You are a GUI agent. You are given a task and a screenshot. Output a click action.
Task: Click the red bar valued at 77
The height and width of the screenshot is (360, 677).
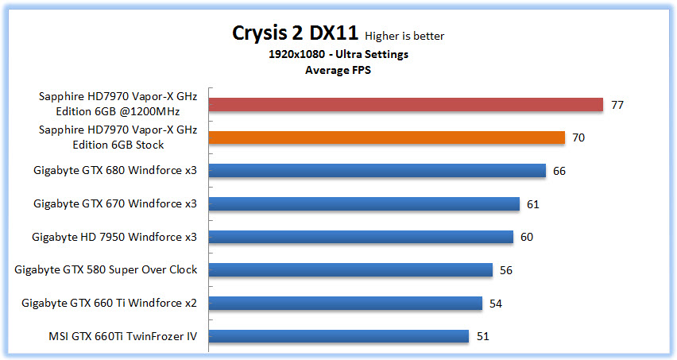click(406, 105)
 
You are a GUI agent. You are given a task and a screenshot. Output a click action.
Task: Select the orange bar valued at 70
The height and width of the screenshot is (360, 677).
click(387, 137)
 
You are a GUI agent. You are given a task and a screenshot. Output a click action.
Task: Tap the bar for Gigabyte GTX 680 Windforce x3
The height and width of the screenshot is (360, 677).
click(377, 171)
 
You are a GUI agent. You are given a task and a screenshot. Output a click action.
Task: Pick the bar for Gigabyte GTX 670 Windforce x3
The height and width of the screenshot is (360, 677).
click(364, 204)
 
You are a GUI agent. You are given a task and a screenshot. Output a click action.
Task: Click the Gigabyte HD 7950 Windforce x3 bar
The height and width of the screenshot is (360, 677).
click(361, 237)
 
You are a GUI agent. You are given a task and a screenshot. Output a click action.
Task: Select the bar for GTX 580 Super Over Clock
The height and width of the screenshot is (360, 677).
click(350, 270)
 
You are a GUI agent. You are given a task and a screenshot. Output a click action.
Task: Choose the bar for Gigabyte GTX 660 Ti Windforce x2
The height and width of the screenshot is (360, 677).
click(346, 303)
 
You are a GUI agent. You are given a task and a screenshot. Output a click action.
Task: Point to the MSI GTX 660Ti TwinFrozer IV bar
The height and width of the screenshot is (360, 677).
click(338, 336)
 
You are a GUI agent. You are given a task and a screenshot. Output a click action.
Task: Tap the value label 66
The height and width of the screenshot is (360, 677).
click(559, 171)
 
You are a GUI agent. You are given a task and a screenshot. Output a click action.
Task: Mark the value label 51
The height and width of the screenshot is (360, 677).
click(483, 336)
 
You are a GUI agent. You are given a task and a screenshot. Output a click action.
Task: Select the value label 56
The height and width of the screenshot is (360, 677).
click(506, 270)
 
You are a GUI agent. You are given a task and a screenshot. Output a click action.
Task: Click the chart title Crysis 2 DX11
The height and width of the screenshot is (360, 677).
click(296, 33)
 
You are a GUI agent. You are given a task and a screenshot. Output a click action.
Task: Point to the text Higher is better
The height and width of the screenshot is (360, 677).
click(404, 36)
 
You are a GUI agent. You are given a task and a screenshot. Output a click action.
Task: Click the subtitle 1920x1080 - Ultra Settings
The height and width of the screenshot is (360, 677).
click(338, 55)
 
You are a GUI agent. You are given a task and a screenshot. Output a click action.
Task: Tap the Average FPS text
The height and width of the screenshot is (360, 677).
click(338, 69)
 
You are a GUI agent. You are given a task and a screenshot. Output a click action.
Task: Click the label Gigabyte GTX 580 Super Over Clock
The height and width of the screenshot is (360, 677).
click(106, 270)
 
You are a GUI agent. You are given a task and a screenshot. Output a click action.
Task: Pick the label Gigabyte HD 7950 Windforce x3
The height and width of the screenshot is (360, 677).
click(114, 237)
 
